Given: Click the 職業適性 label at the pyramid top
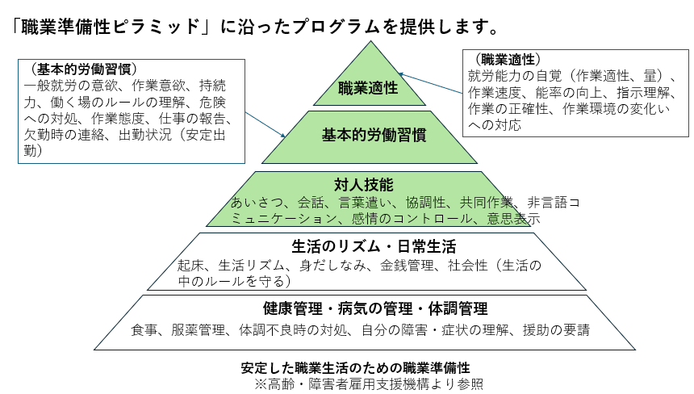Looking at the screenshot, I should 368,88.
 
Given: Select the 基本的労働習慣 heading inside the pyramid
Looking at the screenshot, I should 369,135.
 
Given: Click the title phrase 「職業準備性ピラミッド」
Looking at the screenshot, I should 107,26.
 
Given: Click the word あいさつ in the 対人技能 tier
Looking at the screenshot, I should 255,202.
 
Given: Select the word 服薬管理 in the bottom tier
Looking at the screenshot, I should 200,329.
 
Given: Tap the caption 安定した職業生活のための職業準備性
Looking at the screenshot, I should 355,367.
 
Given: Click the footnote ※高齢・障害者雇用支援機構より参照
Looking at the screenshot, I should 369,383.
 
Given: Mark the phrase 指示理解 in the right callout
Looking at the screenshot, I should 623,93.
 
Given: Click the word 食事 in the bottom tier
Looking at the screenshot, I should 144,329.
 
